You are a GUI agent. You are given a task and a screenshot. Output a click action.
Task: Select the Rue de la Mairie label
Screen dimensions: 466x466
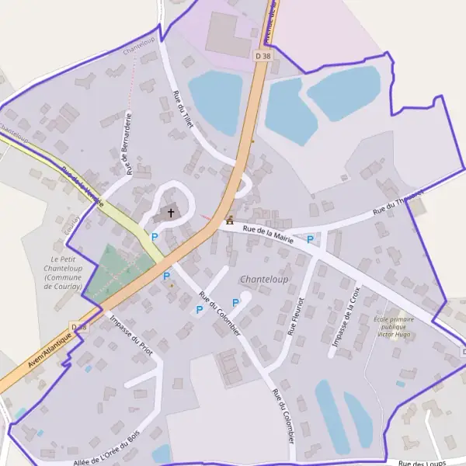click(x=267, y=234)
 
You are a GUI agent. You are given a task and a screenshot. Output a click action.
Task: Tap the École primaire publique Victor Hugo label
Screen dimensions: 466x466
click(x=394, y=327)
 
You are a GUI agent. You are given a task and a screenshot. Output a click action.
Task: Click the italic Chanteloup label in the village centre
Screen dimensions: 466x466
click(x=264, y=279)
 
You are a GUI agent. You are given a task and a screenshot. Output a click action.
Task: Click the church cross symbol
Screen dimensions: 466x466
click(x=171, y=212)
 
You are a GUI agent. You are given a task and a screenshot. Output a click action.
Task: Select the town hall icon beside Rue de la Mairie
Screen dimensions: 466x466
click(x=229, y=221)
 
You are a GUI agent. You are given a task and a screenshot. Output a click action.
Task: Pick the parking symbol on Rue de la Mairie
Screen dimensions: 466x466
click(x=311, y=239)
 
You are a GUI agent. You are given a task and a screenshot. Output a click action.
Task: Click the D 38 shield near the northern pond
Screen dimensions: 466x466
click(x=263, y=56)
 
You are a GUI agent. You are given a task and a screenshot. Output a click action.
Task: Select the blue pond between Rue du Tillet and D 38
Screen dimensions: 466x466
click(x=215, y=101)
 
